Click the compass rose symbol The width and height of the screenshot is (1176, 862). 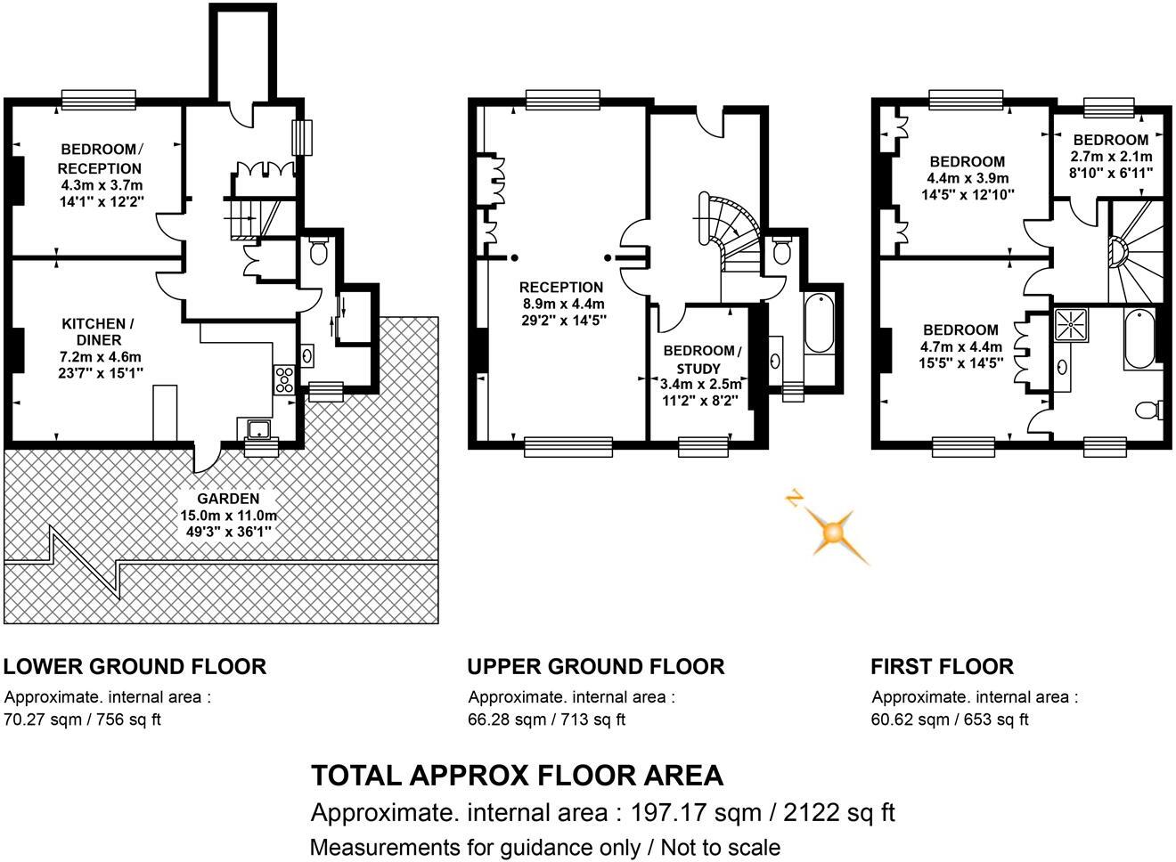point(832,533)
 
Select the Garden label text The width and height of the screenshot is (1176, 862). point(228,499)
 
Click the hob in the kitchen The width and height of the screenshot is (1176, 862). point(285,380)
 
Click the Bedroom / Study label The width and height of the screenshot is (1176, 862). point(700,359)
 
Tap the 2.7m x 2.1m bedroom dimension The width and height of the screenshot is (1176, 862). point(1111,156)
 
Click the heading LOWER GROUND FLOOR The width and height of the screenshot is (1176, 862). point(135,666)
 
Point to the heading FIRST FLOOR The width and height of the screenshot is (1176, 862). point(942,666)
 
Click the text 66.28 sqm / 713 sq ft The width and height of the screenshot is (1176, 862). point(546,719)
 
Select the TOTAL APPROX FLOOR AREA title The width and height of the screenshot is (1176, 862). point(517,776)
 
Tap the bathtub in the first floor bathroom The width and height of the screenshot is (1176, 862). point(1140,339)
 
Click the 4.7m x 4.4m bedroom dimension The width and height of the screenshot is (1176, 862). point(961,347)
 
